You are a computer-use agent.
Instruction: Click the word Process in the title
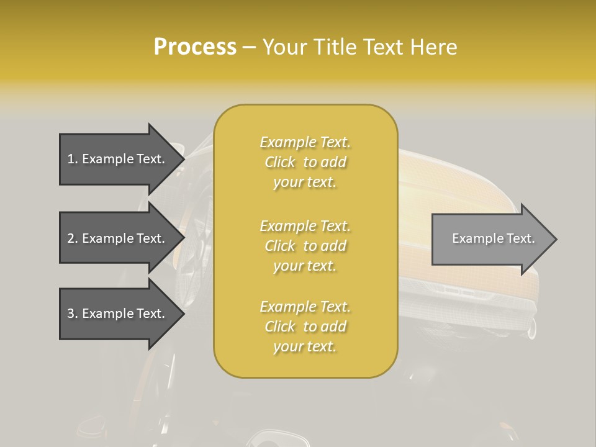coord(195,47)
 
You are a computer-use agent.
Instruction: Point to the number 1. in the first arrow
coord(73,159)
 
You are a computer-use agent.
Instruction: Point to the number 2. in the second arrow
coord(73,238)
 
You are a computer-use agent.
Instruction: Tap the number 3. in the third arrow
coord(73,314)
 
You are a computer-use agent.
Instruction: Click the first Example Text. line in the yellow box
coord(305,143)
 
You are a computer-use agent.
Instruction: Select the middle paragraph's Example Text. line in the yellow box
coord(305,226)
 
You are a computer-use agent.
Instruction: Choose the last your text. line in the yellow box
coord(305,346)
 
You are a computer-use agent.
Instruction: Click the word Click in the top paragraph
coord(280,163)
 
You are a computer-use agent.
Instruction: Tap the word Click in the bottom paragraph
coord(280,327)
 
